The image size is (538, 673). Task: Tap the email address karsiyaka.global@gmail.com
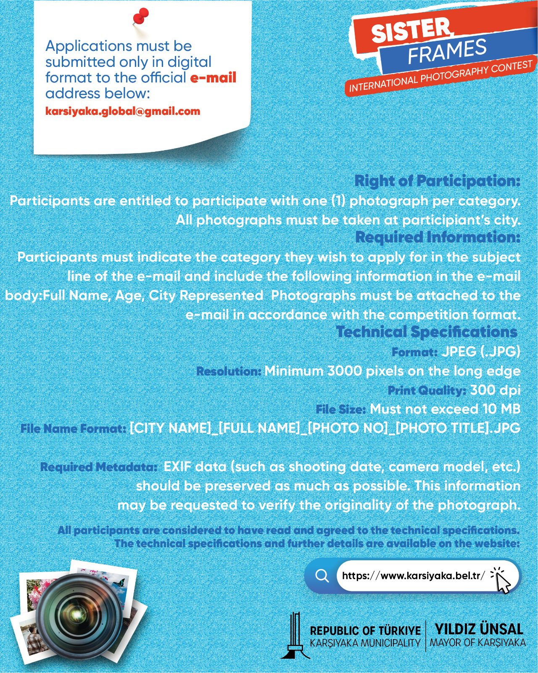(123, 111)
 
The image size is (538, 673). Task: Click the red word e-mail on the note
(213, 77)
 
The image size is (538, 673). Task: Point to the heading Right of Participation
(437, 181)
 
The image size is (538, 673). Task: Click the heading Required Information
(438, 237)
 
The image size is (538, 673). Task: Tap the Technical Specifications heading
(426, 332)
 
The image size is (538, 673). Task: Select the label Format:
(414, 352)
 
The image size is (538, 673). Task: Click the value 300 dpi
(495, 390)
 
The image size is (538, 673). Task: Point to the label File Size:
(341, 409)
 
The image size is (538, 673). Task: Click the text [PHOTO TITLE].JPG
(458, 429)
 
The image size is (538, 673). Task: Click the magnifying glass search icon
(322, 575)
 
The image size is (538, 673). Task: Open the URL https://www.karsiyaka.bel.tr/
(414, 575)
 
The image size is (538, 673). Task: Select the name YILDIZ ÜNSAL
(479, 629)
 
